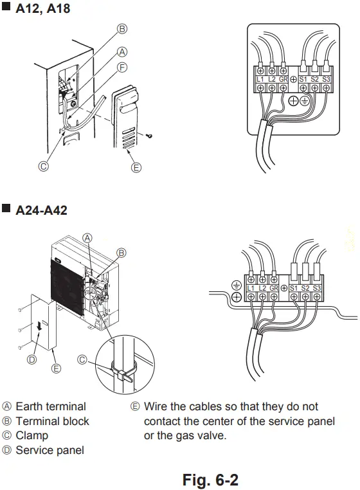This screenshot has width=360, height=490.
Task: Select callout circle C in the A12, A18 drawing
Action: click(x=44, y=166)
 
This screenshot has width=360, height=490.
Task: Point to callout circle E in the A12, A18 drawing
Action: click(x=136, y=168)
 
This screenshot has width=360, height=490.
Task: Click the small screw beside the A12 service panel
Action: click(x=149, y=135)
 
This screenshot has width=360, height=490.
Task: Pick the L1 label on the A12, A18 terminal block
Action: click(x=260, y=78)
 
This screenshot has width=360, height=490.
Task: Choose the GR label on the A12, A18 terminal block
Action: click(x=283, y=78)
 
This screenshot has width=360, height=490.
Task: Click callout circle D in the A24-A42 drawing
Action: click(x=32, y=359)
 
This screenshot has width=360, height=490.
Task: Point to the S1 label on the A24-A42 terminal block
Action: click(x=294, y=287)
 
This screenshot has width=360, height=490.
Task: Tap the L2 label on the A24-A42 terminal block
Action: click(x=263, y=287)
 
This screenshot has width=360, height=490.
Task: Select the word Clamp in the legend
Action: click(x=32, y=435)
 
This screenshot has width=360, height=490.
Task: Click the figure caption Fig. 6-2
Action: click(x=210, y=479)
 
